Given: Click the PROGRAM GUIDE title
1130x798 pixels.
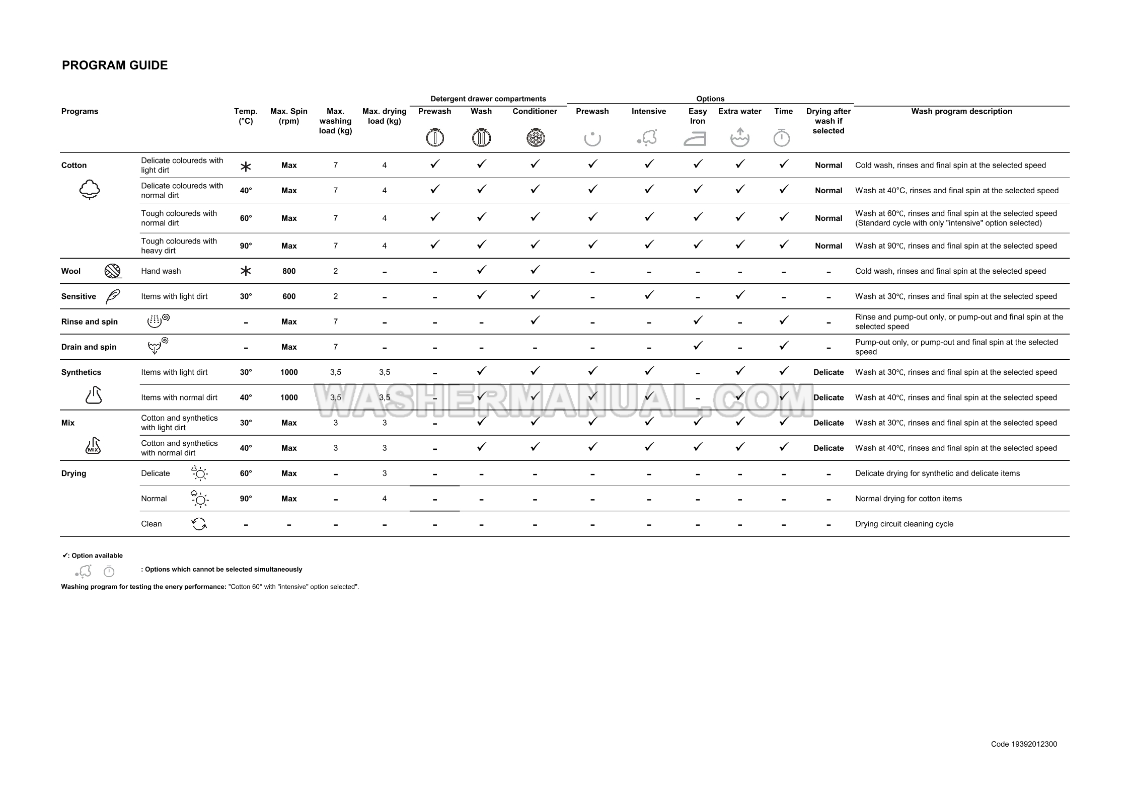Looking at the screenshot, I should (x=115, y=65).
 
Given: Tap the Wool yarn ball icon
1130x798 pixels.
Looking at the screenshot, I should (x=112, y=271).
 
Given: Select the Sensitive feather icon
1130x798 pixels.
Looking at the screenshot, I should (x=113, y=296).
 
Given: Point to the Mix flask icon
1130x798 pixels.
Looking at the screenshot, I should (x=93, y=446).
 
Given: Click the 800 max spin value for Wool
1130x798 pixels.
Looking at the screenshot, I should (x=289, y=271).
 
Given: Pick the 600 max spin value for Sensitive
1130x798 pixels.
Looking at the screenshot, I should (x=289, y=296).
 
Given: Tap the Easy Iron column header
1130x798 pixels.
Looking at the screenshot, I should (x=697, y=116).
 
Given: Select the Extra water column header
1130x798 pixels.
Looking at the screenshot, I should (x=739, y=111).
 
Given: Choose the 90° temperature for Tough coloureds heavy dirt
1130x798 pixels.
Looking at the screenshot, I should (x=246, y=246).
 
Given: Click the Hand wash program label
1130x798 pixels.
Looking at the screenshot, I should (x=161, y=271).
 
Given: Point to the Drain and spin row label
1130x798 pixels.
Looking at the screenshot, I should (x=89, y=347).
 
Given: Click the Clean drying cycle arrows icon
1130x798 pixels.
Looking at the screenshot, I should (x=199, y=524).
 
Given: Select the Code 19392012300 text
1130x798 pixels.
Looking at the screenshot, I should (x=1024, y=744).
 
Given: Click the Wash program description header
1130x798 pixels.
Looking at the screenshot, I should (x=961, y=111).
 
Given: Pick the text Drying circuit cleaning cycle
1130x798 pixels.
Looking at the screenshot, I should (x=904, y=524).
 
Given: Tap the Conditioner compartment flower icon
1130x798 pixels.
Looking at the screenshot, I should (x=535, y=138).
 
